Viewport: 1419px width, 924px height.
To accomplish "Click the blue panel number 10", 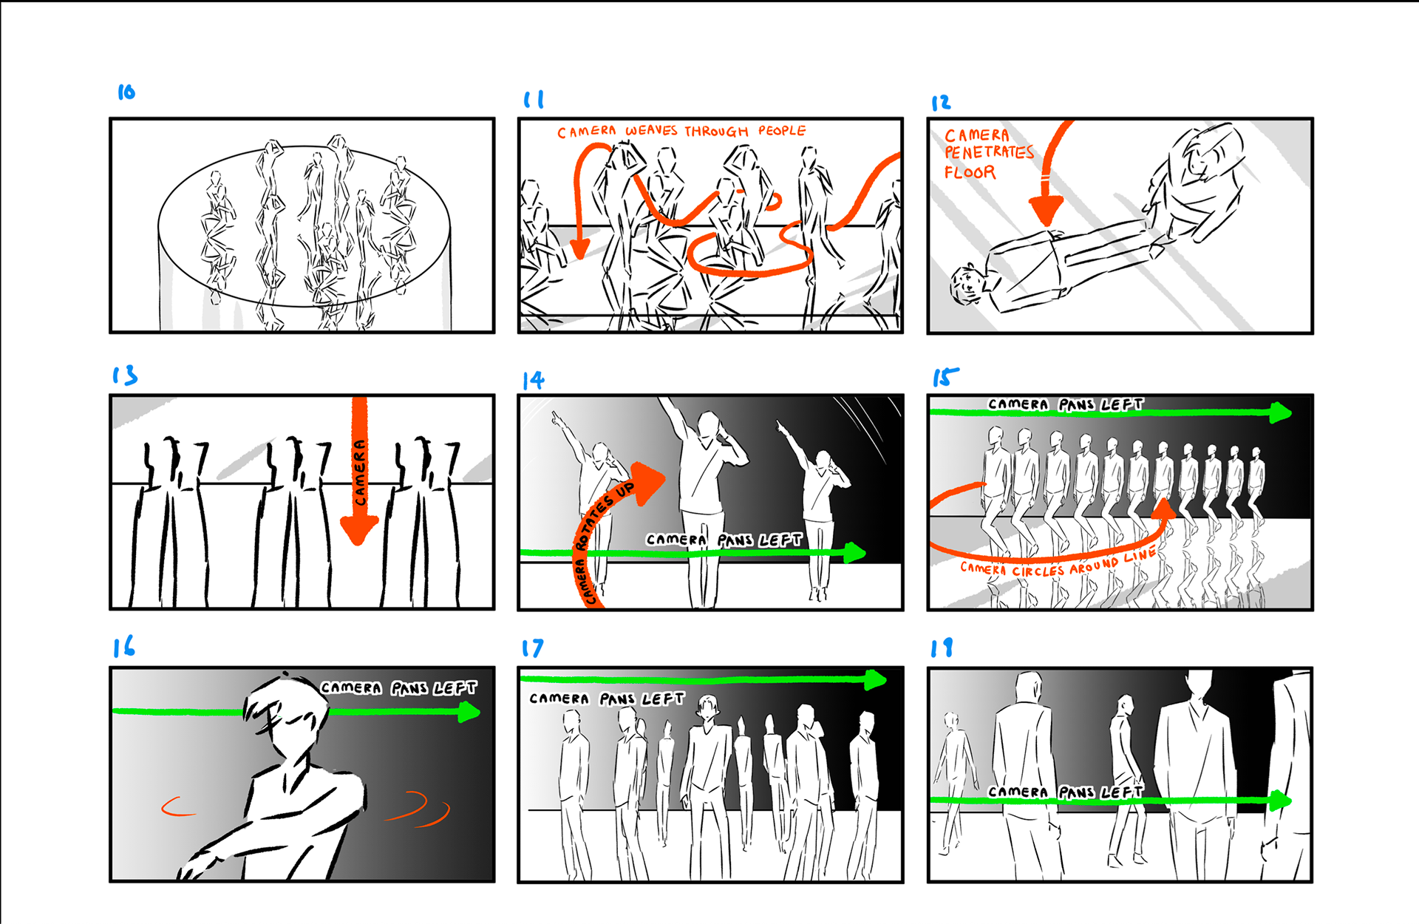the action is (x=126, y=92).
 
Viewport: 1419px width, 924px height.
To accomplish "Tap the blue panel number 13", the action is (x=125, y=376).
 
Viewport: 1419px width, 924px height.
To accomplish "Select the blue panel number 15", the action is (x=945, y=377).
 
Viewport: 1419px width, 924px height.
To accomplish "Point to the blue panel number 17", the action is (x=532, y=648).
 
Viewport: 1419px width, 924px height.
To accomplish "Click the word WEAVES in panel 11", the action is (x=651, y=131).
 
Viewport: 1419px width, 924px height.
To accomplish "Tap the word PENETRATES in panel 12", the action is (x=989, y=152).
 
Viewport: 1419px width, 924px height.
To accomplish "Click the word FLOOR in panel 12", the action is (x=970, y=172).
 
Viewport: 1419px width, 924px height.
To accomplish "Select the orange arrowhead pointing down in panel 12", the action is (x=1046, y=211).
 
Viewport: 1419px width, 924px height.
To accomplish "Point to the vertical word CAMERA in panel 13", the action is (x=360, y=473).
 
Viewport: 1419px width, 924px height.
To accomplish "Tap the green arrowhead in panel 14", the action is (x=855, y=552).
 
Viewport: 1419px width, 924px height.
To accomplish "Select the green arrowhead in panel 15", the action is (x=1281, y=412).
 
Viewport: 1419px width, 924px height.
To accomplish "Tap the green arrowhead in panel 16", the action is (x=469, y=712).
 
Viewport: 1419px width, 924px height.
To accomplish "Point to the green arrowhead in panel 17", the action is (x=876, y=679).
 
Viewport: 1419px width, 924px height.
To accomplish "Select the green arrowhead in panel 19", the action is (x=1281, y=801).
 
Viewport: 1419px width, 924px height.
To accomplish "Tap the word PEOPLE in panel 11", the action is (x=782, y=131).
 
